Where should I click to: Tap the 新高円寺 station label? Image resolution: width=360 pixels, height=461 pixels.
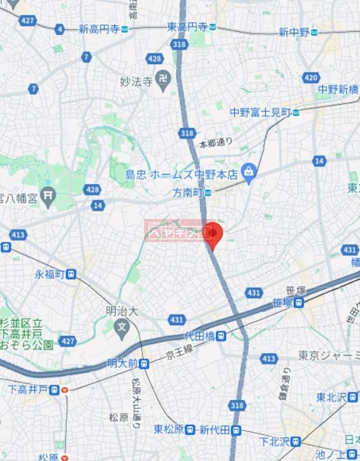pos(99,29)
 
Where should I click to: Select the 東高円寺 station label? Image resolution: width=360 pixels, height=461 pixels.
pos(187,26)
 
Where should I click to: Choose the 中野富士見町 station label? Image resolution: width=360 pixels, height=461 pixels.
pos(260,112)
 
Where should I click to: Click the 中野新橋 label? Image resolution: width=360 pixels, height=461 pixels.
pos(338,89)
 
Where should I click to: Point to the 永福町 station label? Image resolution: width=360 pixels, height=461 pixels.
pos(50,274)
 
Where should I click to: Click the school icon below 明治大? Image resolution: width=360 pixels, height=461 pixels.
pos(122,328)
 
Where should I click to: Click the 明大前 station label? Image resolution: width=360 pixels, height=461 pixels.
pos(124,364)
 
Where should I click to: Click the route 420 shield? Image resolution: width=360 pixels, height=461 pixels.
pos(310,77)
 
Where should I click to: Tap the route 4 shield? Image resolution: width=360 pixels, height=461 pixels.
pos(60,29)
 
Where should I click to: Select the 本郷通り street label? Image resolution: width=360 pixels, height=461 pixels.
pos(216,144)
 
